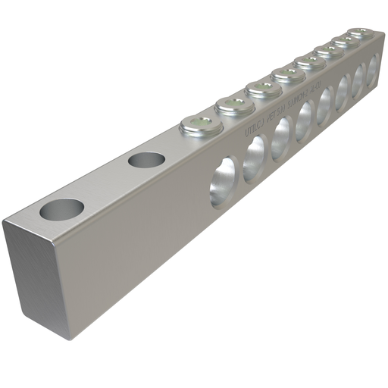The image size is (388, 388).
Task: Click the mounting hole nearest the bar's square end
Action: (62, 209)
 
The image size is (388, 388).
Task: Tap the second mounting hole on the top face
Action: (147, 160)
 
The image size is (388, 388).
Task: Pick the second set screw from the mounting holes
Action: (234, 105)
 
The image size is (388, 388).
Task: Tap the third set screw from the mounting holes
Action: (263, 89)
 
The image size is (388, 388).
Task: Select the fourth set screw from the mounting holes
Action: (289, 75)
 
